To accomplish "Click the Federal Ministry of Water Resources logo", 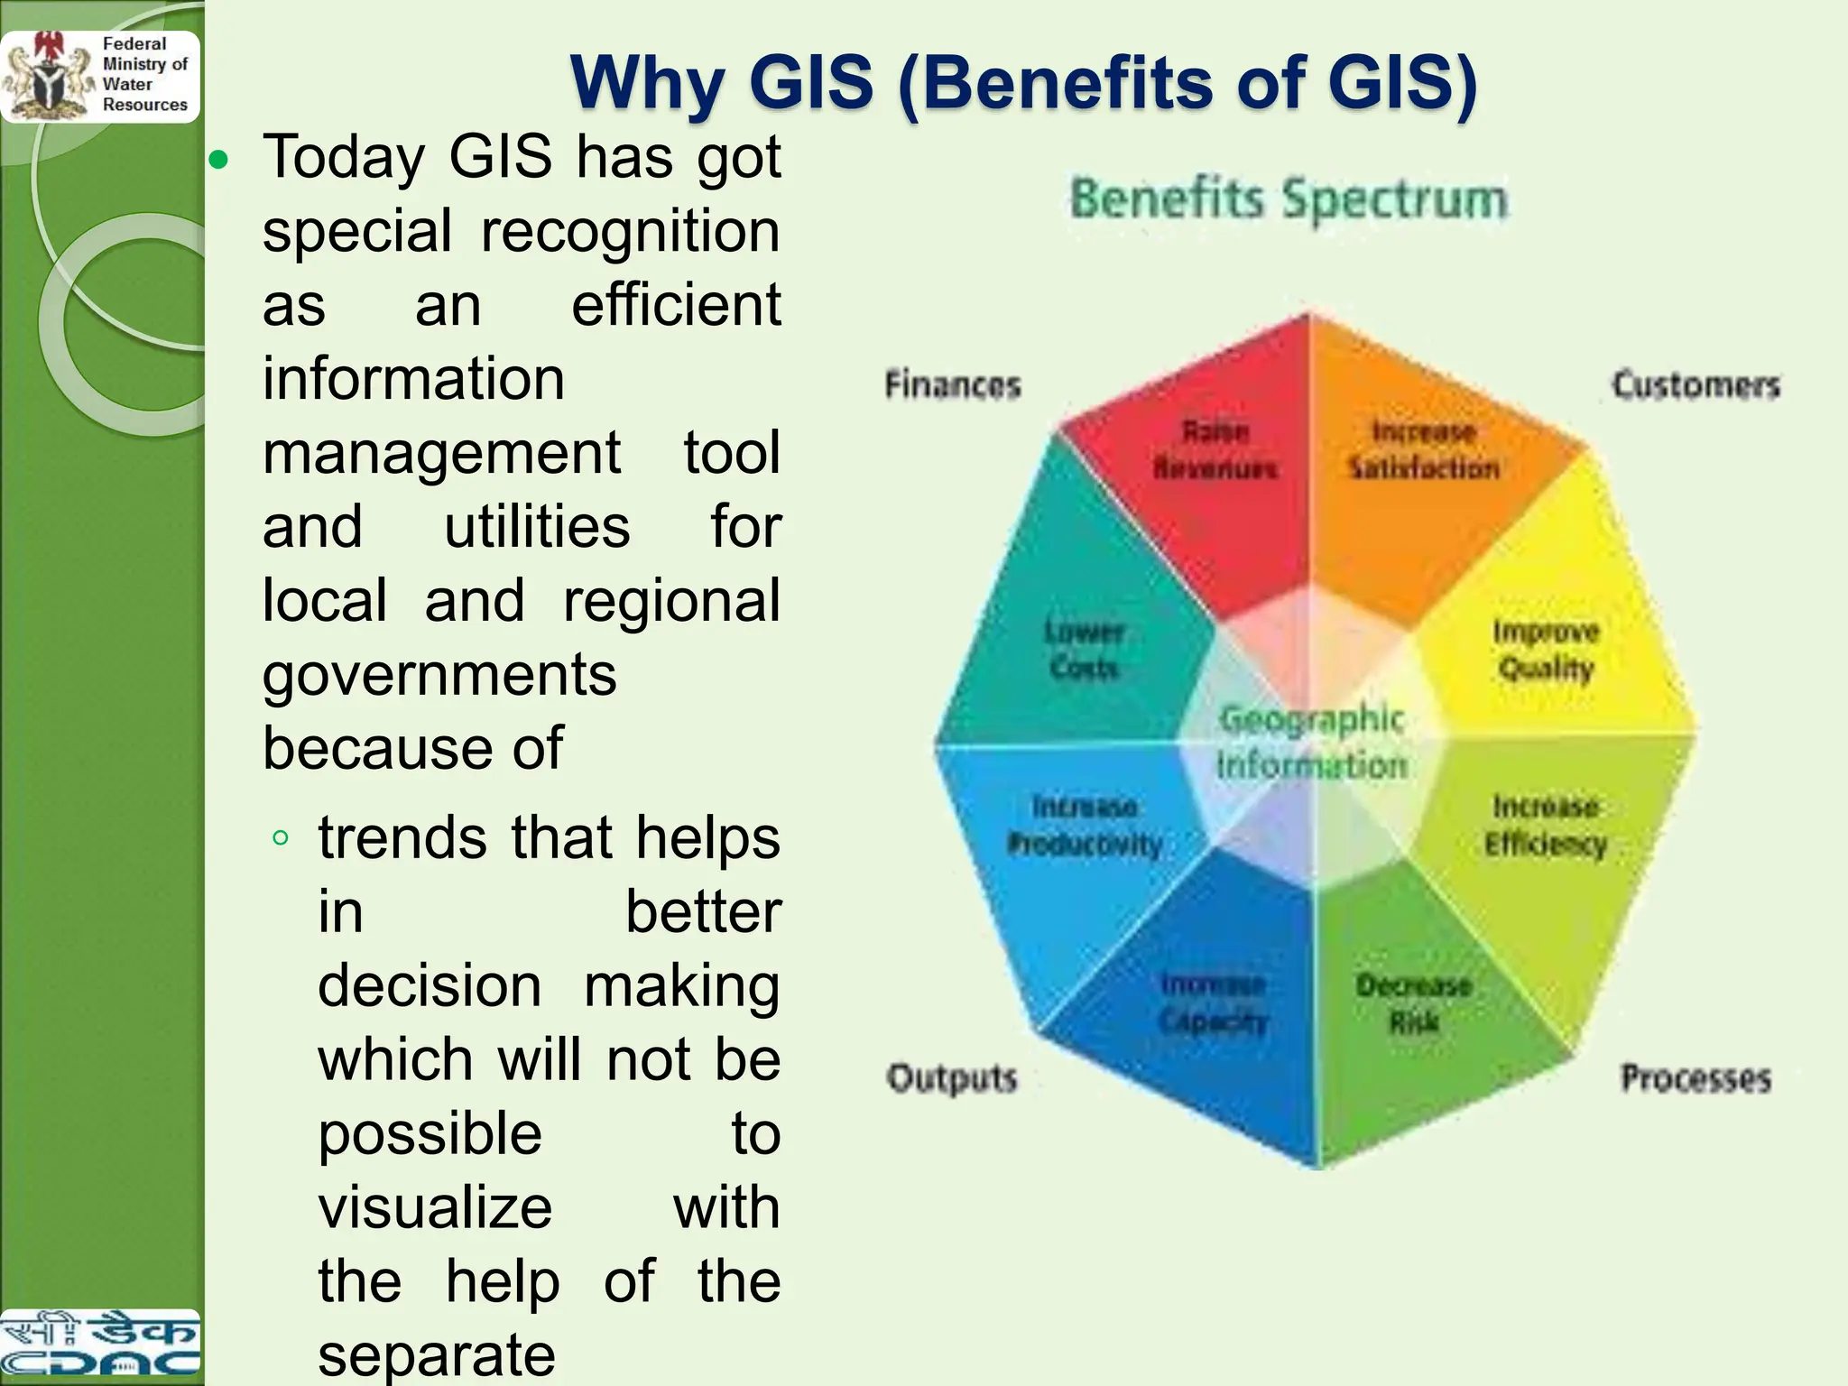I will click(99, 76).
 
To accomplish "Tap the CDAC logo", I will click(99, 1344).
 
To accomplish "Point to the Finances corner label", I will click(952, 385).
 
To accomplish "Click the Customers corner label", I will click(1696, 385).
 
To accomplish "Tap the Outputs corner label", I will click(952, 1078).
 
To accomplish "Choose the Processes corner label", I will click(1696, 1078).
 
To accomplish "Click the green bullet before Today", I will click(218, 162).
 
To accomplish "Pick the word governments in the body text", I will click(439, 675).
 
